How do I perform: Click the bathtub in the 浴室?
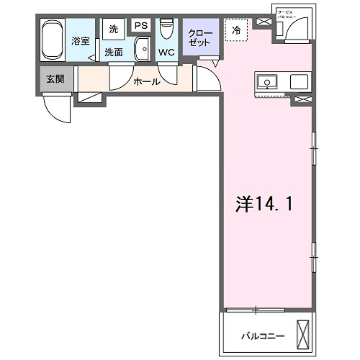tap(52, 40)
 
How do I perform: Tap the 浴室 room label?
tap(80, 41)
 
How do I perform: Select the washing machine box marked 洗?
tap(113, 30)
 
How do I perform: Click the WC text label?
tap(166, 53)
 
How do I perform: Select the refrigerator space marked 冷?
tap(236, 30)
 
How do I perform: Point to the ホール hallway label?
tap(145, 81)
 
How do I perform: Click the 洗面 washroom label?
tap(113, 52)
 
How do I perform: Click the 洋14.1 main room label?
tap(264, 204)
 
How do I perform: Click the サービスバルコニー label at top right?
tap(294, 14)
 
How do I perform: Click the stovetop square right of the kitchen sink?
tap(300, 81)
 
